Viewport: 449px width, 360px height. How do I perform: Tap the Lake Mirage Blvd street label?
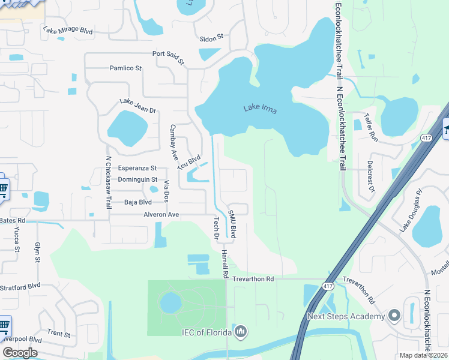pos(68,30)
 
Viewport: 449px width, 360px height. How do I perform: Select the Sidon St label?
pos(211,37)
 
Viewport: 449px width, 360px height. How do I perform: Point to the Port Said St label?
pos(168,57)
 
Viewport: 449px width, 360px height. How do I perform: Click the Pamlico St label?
pos(125,68)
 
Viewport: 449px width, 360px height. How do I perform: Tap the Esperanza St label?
pos(137,168)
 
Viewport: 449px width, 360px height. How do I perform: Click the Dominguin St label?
pos(137,179)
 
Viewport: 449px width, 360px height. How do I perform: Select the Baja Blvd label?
pos(137,202)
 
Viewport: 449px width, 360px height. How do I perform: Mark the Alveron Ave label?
pos(161,214)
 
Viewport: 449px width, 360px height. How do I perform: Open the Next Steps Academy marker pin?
pos(394,315)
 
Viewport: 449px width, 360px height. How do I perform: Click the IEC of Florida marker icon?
pos(241,331)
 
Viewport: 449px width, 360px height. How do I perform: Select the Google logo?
pos(20,353)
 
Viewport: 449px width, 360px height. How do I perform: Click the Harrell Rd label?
pos(225,264)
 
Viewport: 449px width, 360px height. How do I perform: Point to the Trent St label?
pos(59,334)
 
